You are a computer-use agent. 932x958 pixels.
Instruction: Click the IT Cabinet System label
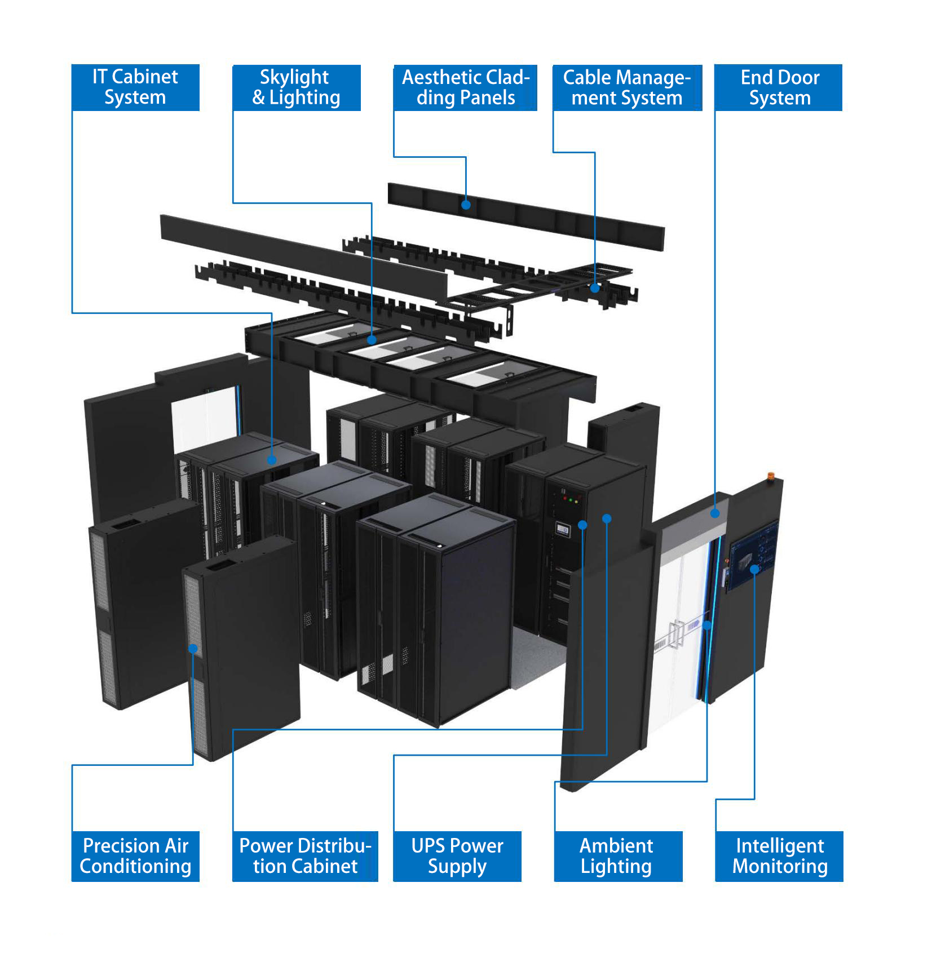tap(135, 87)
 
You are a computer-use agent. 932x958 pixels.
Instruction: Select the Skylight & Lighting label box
tap(296, 87)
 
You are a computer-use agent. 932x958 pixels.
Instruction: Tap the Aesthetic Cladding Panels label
tap(465, 87)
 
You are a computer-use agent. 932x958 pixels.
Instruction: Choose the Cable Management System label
tap(627, 87)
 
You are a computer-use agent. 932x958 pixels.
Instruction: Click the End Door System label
tap(779, 87)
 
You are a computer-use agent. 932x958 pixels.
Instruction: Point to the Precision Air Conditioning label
tap(135, 856)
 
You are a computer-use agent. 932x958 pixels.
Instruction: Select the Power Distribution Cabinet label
tap(305, 856)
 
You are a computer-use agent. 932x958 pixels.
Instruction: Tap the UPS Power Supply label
tap(457, 856)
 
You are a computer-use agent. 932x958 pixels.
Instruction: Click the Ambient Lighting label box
tap(618, 856)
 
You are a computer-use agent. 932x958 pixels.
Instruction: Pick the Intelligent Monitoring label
tap(779, 856)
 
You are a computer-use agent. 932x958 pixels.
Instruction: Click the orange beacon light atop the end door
tap(771, 477)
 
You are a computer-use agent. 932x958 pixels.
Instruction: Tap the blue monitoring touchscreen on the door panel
tap(753, 558)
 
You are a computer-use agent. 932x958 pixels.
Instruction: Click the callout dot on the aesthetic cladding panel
tap(466, 205)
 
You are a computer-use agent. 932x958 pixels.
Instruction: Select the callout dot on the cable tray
tap(595, 288)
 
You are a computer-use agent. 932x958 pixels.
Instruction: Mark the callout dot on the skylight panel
tap(372, 340)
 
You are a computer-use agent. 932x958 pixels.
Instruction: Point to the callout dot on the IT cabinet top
tap(272, 460)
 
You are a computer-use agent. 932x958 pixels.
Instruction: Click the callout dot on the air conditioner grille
tap(193, 649)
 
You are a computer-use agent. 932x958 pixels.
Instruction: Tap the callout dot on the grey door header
tap(715, 513)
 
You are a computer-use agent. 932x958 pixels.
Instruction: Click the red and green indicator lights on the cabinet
tap(570, 500)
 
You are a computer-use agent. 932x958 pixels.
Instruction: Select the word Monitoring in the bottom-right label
tap(780, 866)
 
